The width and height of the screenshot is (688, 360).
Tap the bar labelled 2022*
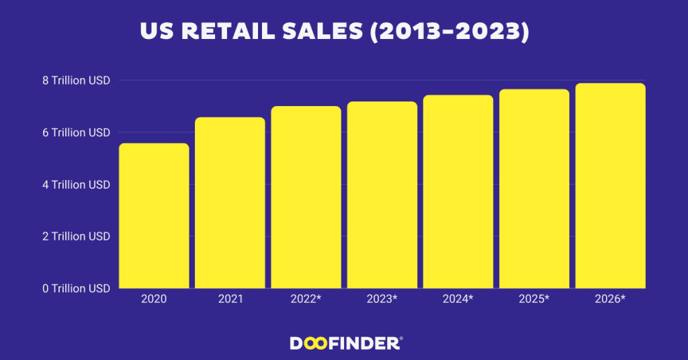(x=306, y=197)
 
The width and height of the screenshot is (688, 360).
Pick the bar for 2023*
(x=382, y=195)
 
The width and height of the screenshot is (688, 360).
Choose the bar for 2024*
(x=458, y=192)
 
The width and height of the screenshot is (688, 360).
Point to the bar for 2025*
(x=533, y=189)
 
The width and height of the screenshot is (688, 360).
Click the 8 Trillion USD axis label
(x=76, y=81)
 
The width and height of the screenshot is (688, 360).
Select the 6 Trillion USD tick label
(x=76, y=133)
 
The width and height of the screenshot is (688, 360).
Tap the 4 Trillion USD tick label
(x=76, y=185)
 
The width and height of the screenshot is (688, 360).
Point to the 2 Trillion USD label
(x=76, y=236)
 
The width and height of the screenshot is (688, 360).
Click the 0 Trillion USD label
(x=76, y=289)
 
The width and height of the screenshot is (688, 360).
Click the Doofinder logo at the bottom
(x=346, y=343)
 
